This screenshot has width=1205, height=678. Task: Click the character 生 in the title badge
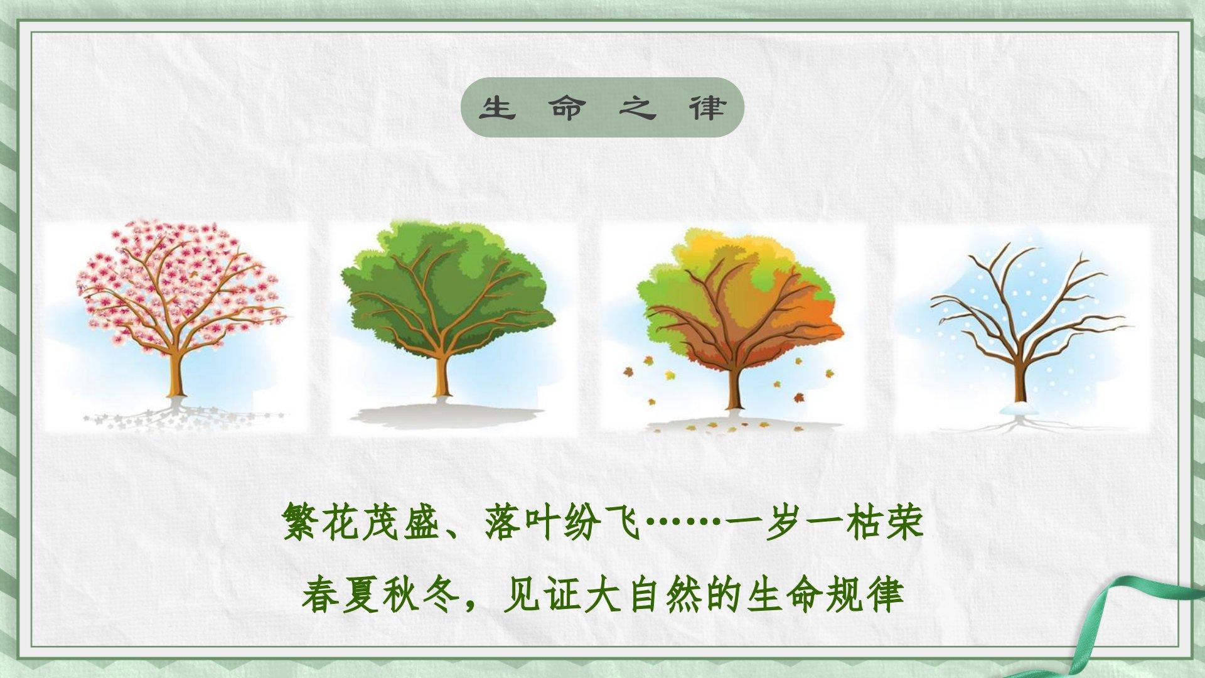(497, 108)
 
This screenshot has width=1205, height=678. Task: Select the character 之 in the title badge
(636, 108)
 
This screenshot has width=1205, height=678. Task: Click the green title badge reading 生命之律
(602, 107)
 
